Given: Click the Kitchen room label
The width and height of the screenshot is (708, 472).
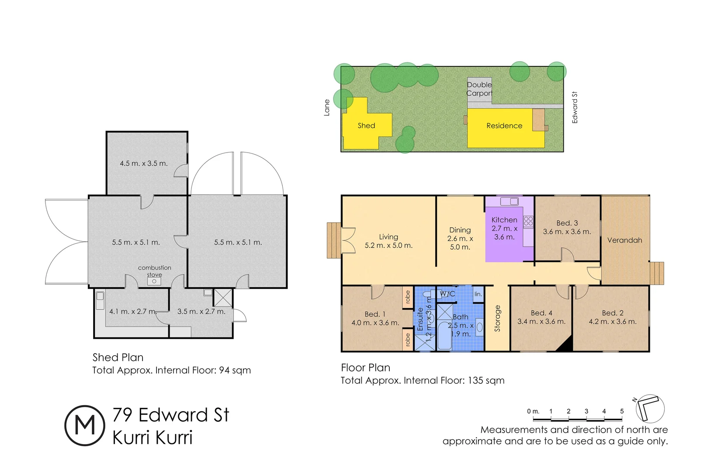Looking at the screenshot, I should pyautogui.click(x=504, y=220).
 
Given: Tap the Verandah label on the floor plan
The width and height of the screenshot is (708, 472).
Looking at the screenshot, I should pyautogui.click(x=624, y=240).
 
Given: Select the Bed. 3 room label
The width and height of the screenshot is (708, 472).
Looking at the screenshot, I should pyautogui.click(x=567, y=223).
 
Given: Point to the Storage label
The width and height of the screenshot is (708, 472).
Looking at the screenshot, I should pyautogui.click(x=497, y=318).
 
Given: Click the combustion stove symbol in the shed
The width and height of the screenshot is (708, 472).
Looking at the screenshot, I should pyautogui.click(x=154, y=281).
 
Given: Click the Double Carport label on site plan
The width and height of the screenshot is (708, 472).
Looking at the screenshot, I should pyautogui.click(x=479, y=89).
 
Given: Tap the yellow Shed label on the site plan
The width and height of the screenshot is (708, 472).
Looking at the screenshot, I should pyautogui.click(x=366, y=126).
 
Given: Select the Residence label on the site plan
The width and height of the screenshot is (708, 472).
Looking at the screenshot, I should pyautogui.click(x=504, y=126).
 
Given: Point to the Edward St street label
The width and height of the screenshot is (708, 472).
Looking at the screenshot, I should pyautogui.click(x=575, y=108).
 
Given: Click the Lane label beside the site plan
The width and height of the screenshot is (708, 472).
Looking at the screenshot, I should pyautogui.click(x=326, y=108).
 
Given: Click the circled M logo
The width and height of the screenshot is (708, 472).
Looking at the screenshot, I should pyautogui.click(x=85, y=425).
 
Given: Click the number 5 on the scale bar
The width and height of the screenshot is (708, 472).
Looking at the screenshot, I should pyautogui.click(x=621, y=411).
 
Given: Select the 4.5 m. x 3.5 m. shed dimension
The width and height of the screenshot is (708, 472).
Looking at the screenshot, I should pyautogui.click(x=144, y=163).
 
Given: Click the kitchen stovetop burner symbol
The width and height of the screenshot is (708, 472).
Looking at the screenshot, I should pyautogui.click(x=528, y=221).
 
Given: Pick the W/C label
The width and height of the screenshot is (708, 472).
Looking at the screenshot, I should pyautogui.click(x=448, y=294).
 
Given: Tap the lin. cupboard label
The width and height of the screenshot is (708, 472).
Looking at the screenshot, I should pyautogui.click(x=478, y=294).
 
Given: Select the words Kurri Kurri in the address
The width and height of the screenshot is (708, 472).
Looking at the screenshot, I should pyautogui.click(x=152, y=437).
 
